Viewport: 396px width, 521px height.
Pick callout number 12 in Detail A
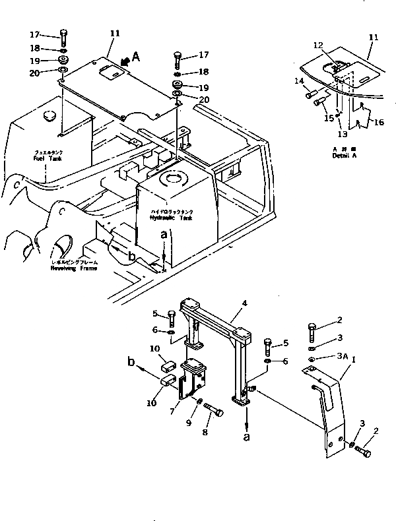click(319, 45)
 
